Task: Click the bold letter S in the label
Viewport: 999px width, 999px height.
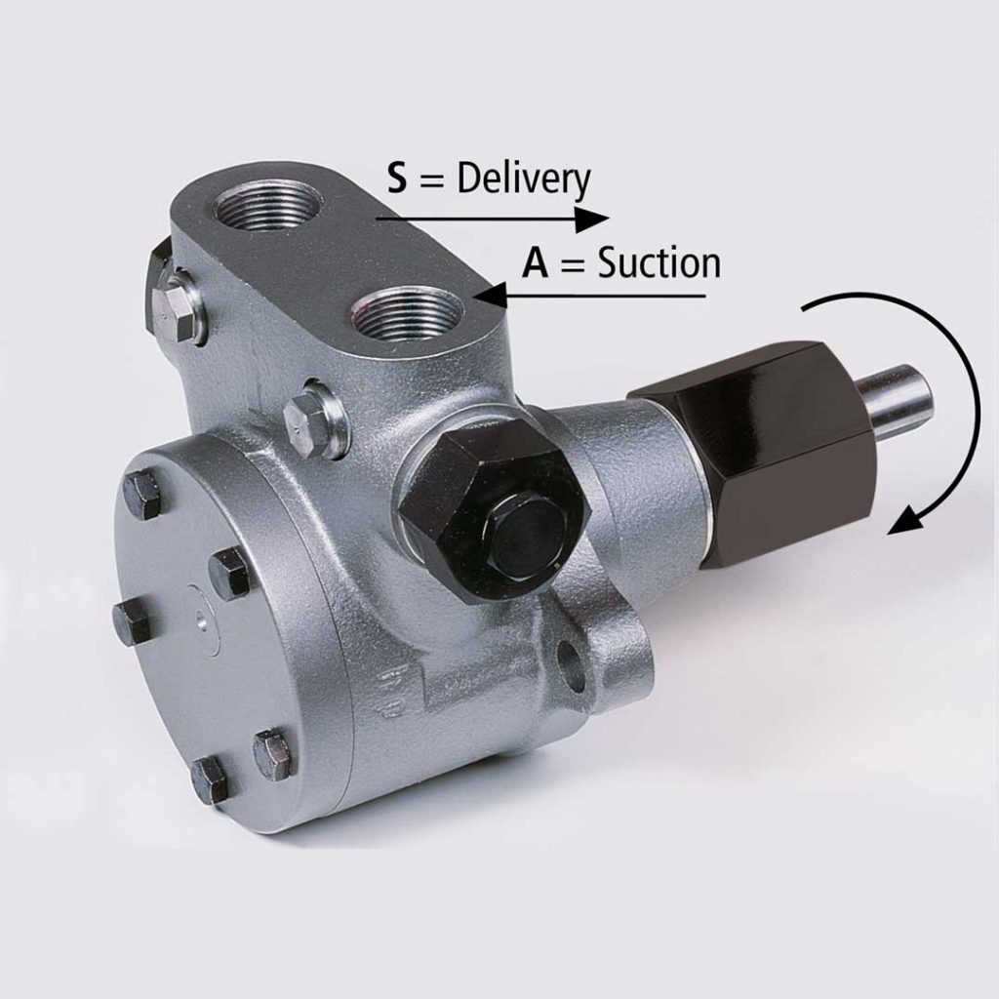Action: click(396, 180)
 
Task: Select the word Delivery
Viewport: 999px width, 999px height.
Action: click(524, 181)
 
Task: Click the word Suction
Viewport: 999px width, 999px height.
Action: click(659, 263)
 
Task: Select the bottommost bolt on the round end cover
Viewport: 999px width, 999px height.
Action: click(209, 779)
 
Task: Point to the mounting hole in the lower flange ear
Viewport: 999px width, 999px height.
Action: click(574, 667)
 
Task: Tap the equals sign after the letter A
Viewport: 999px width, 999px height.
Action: click(573, 265)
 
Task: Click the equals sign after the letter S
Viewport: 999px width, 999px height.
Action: click(428, 181)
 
